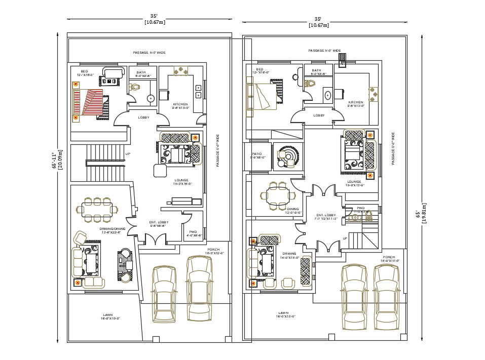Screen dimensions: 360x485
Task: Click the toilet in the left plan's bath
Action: click(134, 87)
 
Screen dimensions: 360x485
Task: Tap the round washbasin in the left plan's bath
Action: click(151, 98)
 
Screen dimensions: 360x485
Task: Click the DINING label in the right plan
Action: click(293, 209)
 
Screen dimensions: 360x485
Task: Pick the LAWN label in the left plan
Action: click(107, 314)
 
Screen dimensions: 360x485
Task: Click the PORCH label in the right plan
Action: click(389, 257)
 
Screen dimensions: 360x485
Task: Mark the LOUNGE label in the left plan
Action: click(181, 180)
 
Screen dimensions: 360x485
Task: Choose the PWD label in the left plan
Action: click(194, 231)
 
